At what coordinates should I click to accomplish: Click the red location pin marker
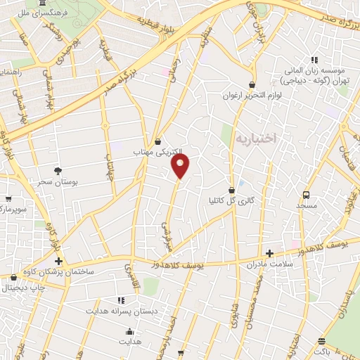(181, 167)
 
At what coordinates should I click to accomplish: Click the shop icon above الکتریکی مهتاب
(157, 141)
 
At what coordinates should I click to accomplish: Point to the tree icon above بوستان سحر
(58, 170)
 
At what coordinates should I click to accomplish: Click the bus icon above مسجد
(306, 195)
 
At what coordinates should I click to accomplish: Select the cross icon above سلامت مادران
(269, 253)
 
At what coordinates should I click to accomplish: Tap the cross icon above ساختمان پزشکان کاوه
(58, 262)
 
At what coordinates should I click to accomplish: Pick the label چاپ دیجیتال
(22, 287)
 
